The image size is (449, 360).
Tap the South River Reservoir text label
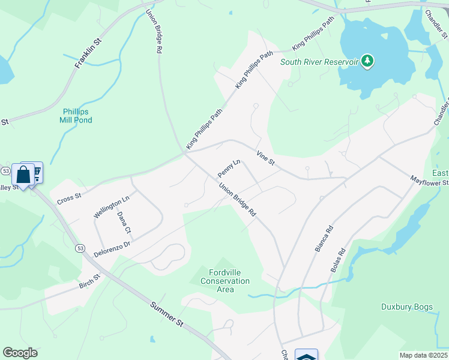(319, 62)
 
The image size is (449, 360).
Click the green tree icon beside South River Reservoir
(367, 61)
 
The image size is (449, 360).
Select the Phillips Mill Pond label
(76, 116)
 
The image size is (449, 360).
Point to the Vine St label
(265, 159)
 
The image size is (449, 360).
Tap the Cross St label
(69, 199)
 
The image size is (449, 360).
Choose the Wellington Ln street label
(112, 206)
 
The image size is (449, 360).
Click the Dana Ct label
(124, 222)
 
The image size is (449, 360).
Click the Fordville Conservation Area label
(225, 281)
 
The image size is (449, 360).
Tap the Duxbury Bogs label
(407, 307)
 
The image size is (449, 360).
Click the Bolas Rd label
(339, 260)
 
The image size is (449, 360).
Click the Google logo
(20, 353)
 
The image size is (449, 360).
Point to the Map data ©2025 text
(423, 355)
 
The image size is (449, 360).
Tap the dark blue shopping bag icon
(23, 175)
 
